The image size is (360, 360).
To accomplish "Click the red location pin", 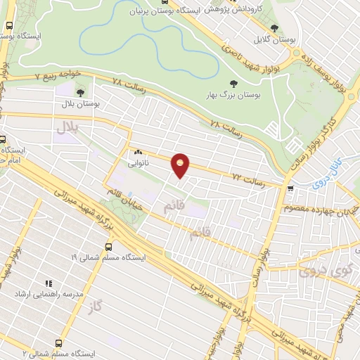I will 181,165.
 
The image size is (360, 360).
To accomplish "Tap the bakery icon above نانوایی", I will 137,151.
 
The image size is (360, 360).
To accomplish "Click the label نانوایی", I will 137,162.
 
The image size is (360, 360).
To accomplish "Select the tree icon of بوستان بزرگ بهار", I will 233,84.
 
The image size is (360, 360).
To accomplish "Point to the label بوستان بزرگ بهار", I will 233,95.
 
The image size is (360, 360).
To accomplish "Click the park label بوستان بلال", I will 79,103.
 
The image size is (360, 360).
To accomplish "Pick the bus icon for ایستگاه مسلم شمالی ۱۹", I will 108,247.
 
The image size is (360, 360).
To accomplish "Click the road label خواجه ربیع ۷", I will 56,74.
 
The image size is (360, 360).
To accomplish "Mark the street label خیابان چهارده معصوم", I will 315,209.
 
